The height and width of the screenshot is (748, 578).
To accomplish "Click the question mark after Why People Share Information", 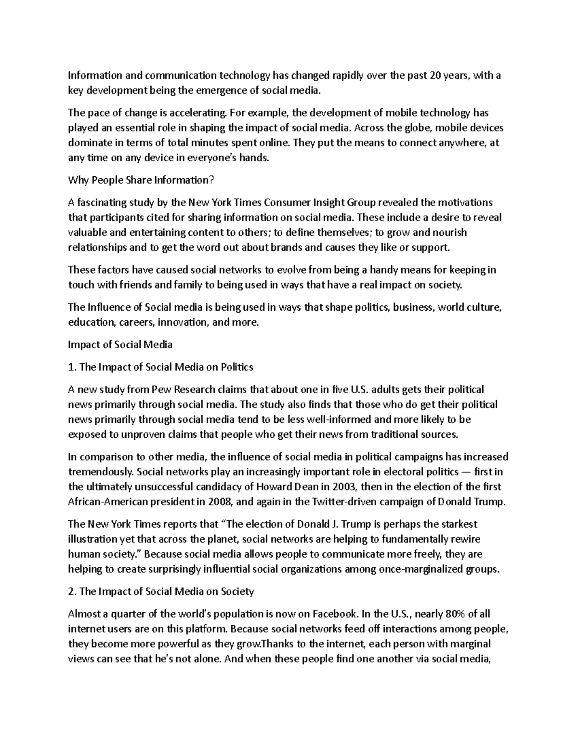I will click(210, 180).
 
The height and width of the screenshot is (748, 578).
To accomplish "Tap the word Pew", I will click(159, 389).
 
